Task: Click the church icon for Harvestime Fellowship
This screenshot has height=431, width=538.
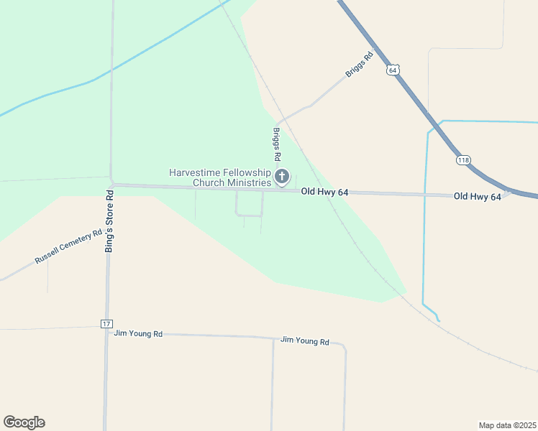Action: click(x=282, y=177)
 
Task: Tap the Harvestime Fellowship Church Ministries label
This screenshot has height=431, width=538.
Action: click(x=220, y=177)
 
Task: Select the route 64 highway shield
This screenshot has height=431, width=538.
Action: click(x=392, y=70)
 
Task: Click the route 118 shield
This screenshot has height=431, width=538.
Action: click(x=463, y=160)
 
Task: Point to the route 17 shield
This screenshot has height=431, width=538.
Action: click(x=106, y=325)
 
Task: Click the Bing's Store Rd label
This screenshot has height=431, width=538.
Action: click(x=109, y=220)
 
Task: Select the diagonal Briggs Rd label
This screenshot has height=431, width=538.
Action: click(x=360, y=65)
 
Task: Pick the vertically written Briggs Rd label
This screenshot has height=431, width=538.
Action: click(x=276, y=144)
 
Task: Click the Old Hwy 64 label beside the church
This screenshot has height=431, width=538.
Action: click(x=324, y=192)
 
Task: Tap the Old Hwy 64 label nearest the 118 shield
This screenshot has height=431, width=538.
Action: click(x=477, y=196)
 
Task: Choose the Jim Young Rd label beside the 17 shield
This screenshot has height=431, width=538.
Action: click(x=139, y=334)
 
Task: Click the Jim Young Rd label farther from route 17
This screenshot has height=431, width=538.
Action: click(x=304, y=341)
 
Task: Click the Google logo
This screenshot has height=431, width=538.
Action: click(x=24, y=422)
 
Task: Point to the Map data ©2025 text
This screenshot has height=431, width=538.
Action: click(x=507, y=425)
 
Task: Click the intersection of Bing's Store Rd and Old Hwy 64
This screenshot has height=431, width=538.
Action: click(x=111, y=185)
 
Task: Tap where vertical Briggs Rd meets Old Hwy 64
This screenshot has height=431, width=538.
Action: click(x=278, y=190)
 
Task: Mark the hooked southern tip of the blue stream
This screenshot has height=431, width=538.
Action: click(x=438, y=319)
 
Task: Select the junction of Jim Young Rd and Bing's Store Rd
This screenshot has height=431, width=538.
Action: click(x=107, y=333)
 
